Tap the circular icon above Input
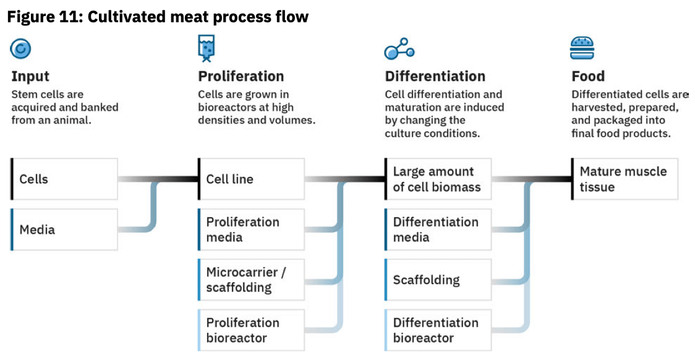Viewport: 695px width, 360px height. (21, 48)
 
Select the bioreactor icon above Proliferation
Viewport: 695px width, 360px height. (207, 48)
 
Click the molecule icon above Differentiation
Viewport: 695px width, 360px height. (399, 48)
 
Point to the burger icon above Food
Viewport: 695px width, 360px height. (582, 48)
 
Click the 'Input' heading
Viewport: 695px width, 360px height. (30, 77)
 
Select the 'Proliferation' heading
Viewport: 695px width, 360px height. (241, 77)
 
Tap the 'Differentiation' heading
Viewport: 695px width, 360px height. (435, 77)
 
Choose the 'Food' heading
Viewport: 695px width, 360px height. (587, 77)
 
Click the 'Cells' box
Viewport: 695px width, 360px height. (64, 179)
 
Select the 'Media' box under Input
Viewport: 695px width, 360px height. (64, 229)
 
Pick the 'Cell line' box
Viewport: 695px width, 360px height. (251, 179)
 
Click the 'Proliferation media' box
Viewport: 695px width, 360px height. (251, 229)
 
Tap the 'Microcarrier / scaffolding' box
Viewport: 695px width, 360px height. (251, 280)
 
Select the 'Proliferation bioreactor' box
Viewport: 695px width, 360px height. (251, 330)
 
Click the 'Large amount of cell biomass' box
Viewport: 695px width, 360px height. (438, 179)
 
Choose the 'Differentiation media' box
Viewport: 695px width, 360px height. (438, 229)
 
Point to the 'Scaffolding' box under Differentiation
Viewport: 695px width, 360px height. (438, 280)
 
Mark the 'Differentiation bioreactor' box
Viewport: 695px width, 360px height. (438, 330)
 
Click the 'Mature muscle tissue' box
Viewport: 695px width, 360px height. (625, 179)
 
